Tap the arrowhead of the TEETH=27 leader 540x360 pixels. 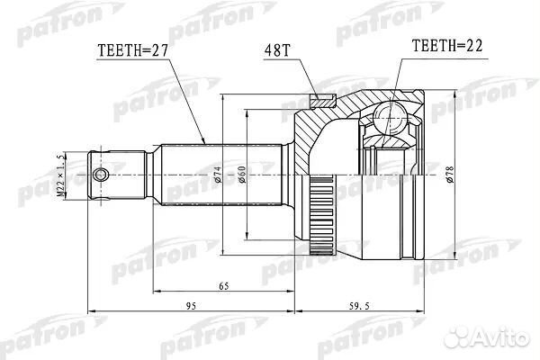point(206,142)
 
